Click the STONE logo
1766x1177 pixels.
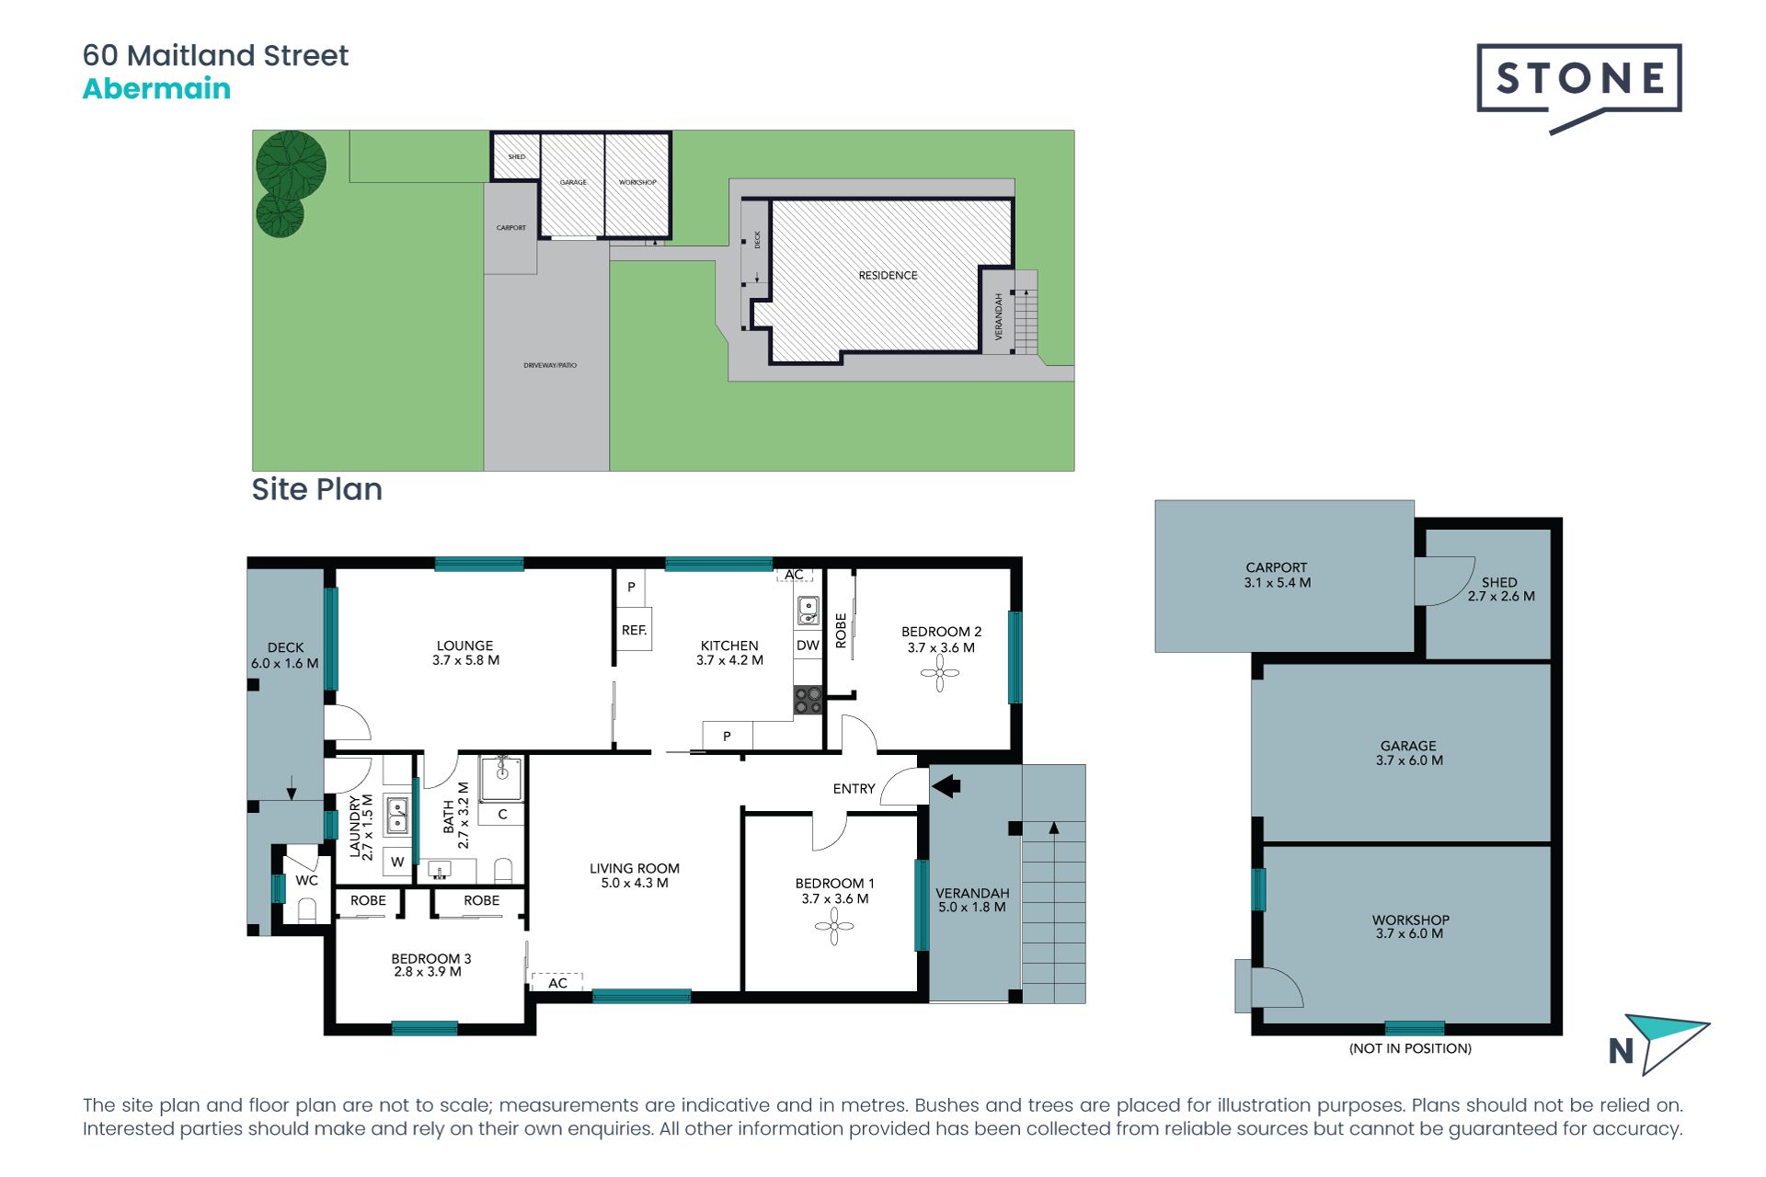(x=1578, y=81)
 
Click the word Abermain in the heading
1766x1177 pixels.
(x=156, y=89)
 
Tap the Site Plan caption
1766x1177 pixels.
(x=316, y=489)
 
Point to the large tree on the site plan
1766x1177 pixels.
(x=291, y=165)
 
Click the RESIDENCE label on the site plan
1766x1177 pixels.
(x=888, y=275)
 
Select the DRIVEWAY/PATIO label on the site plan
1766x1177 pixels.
(x=550, y=365)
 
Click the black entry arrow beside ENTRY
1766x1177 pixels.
(x=946, y=786)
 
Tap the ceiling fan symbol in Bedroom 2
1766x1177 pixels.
(x=940, y=673)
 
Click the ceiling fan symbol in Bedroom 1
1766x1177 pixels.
(x=834, y=926)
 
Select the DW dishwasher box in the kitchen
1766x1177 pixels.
(x=808, y=646)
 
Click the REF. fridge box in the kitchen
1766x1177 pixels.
(x=634, y=630)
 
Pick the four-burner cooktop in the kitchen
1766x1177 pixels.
(x=808, y=701)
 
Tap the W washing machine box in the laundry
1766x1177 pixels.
(x=397, y=862)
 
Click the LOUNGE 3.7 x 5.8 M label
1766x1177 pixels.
(x=465, y=653)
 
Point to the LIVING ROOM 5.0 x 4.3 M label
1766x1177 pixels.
(x=635, y=875)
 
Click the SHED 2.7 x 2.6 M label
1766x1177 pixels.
(x=1500, y=589)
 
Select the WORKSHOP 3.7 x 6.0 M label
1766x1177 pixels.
(x=1410, y=926)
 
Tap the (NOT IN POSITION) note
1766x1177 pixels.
(x=1410, y=1048)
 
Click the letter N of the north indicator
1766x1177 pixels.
(x=1621, y=1051)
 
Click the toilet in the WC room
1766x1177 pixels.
(x=307, y=910)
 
